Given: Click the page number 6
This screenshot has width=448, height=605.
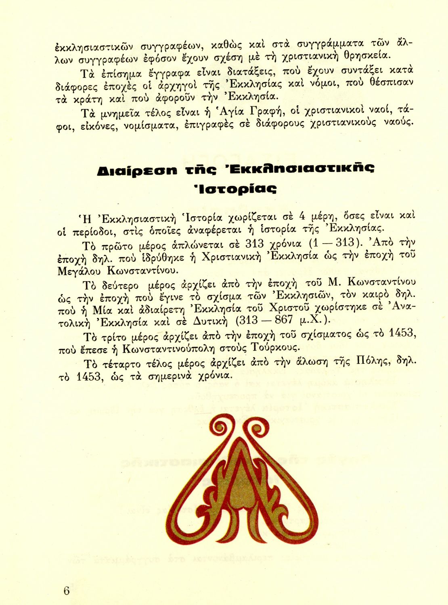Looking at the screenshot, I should tap(67, 591).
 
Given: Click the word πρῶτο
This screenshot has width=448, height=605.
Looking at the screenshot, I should tap(118, 245).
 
